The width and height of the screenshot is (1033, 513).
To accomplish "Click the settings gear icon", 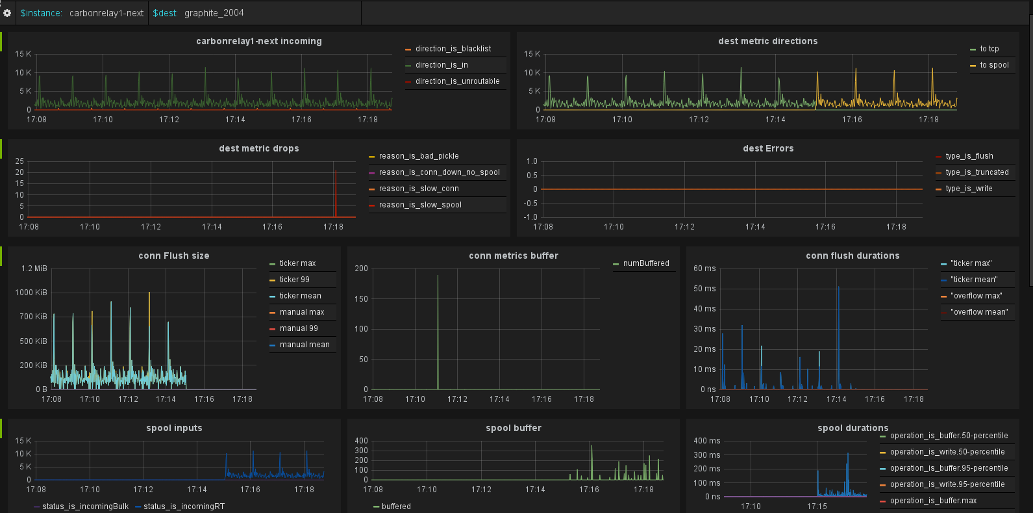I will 7,13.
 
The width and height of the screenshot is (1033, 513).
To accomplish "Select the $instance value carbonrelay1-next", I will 106,13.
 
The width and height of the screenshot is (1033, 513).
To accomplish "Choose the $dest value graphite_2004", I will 214,13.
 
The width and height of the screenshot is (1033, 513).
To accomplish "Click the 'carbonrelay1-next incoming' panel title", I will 258,41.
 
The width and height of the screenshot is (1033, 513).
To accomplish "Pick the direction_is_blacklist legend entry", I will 453,49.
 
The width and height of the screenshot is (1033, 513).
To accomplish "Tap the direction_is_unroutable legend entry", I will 457,81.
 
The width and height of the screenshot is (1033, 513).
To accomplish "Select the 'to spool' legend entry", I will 994,65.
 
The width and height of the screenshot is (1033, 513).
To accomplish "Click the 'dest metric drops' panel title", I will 258,148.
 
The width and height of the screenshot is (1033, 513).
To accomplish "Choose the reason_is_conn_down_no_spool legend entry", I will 439,172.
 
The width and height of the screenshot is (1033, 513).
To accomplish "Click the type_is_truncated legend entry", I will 977,172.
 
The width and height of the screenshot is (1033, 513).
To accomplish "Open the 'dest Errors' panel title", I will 768,148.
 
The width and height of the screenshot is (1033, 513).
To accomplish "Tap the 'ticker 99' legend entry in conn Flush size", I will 294,280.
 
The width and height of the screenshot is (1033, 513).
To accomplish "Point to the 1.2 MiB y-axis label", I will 34,269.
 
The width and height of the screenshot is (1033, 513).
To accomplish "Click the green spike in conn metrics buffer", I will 438,325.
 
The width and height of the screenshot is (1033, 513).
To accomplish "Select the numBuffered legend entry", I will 645,263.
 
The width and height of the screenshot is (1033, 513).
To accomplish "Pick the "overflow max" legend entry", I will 976,296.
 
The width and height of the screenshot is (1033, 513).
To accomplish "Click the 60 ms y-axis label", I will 704,269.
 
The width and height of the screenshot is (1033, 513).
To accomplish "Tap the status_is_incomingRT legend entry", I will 184,506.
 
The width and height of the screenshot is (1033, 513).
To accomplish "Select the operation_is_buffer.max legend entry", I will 933,501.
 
